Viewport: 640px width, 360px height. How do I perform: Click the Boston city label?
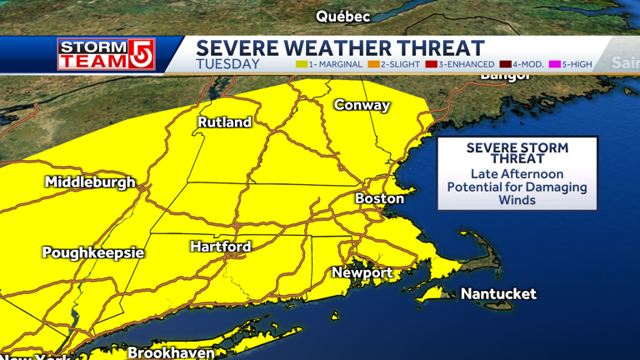(379, 198)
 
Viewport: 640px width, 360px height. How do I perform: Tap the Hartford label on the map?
(220, 247)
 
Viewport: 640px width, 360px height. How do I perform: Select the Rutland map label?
(224, 122)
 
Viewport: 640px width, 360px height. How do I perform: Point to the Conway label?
(362, 105)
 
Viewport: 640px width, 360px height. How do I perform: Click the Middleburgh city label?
(90, 182)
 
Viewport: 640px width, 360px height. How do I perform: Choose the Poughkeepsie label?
(93, 252)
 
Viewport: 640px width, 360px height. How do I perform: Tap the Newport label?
(362, 272)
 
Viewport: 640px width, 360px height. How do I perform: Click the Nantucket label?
(498, 293)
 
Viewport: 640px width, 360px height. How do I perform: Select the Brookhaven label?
(171, 352)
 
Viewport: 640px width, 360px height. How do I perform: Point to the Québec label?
(342, 16)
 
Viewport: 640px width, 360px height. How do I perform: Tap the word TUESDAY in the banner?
(227, 64)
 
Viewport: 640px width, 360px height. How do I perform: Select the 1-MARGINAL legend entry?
(329, 64)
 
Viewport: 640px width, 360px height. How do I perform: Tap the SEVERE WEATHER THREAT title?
(340, 47)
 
